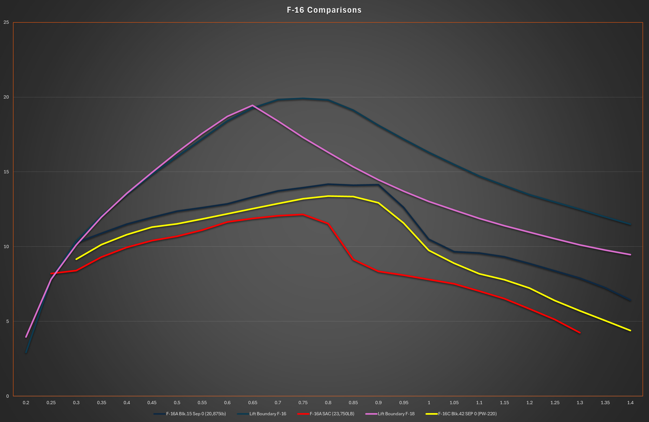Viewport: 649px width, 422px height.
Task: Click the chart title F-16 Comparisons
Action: point(324,10)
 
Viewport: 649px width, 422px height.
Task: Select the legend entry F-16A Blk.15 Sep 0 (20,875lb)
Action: point(196,414)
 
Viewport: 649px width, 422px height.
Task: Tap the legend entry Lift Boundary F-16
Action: point(268,414)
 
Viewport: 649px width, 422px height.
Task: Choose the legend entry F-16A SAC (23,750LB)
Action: point(332,414)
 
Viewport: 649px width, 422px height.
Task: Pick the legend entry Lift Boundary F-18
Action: point(396,414)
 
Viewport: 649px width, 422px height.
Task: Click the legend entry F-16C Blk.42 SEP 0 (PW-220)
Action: point(467,414)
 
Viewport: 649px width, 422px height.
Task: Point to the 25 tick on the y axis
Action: point(6,22)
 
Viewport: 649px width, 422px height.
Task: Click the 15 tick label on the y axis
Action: point(6,172)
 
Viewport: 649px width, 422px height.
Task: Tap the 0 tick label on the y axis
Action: point(7,396)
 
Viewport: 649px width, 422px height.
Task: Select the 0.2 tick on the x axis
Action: point(26,403)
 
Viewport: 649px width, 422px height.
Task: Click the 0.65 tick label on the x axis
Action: point(252,403)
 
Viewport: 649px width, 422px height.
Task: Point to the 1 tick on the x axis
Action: point(429,403)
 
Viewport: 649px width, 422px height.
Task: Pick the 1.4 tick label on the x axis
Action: point(630,403)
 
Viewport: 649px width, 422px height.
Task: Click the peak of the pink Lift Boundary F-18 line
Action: point(252,105)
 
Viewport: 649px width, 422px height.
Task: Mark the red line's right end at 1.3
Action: point(580,333)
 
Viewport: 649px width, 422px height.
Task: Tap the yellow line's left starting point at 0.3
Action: point(76,259)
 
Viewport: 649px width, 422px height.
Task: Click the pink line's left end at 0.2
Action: point(26,337)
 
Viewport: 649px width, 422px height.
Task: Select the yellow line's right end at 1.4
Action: point(630,330)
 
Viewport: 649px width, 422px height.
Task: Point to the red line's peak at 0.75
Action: point(303,215)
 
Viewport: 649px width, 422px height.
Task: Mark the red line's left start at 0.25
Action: point(51,273)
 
